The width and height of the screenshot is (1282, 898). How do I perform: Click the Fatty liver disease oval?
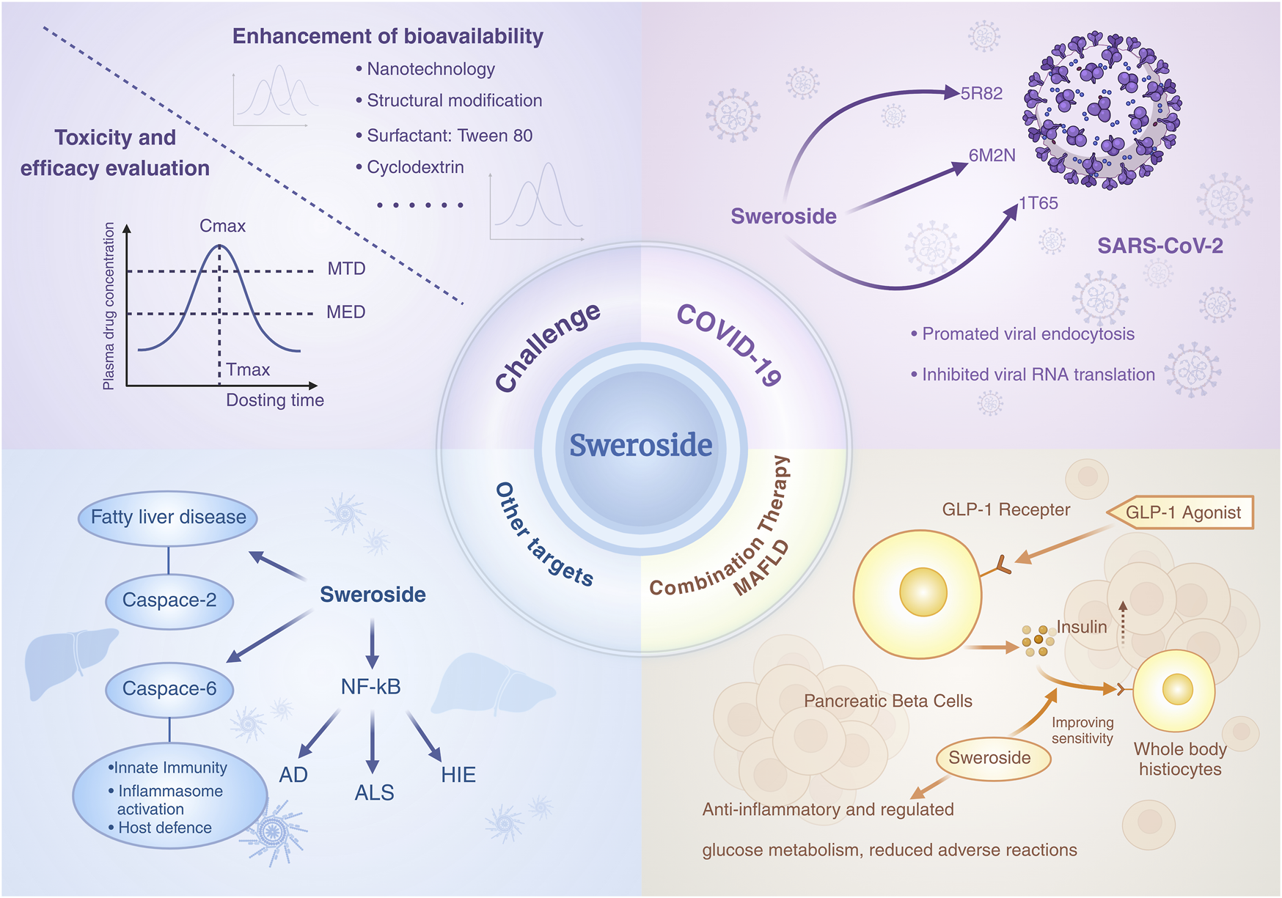(168, 518)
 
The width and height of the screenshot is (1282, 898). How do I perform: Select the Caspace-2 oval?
(169, 600)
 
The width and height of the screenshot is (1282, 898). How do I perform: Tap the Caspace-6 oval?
(169, 689)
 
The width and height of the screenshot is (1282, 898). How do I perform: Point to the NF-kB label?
(370, 687)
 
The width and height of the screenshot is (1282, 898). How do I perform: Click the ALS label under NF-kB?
(374, 792)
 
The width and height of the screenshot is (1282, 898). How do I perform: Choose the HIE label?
(458, 775)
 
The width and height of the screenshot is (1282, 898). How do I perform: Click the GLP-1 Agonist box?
(1182, 512)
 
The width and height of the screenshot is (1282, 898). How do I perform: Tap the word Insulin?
(1081, 627)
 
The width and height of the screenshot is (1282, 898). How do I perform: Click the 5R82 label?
(981, 94)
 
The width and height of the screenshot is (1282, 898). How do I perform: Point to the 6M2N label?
(992, 155)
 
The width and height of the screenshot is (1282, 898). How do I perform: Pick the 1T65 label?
(1039, 203)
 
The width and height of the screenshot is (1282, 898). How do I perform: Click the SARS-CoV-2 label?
(1160, 246)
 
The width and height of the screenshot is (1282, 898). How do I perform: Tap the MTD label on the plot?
(346, 269)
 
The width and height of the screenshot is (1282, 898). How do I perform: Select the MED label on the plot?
(345, 312)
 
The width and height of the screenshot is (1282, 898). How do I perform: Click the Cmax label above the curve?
(222, 226)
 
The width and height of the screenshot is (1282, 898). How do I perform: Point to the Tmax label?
(248, 369)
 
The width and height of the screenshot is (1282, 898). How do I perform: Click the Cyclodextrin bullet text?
(415, 167)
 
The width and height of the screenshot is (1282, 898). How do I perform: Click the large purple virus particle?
(1101, 110)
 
